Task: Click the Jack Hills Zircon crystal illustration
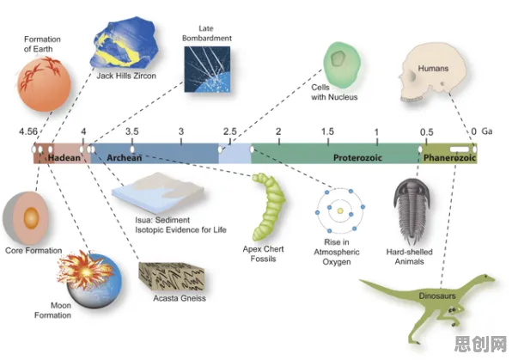[124, 42]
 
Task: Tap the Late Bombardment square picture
[207, 70]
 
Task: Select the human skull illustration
[433, 74]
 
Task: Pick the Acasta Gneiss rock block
[172, 276]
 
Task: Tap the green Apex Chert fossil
[268, 206]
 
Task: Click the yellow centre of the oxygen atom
[340, 211]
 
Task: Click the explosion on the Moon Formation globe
[85, 270]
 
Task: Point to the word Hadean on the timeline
[64, 158]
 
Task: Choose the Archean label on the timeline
[124, 158]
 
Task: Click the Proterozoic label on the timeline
[357, 158]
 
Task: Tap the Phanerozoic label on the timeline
[449, 158]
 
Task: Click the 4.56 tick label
[28, 131]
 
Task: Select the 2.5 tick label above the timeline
[230, 131]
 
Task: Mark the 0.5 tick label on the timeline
[426, 132]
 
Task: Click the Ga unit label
[487, 131]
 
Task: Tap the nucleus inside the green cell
[338, 58]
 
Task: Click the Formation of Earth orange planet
[44, 84]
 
